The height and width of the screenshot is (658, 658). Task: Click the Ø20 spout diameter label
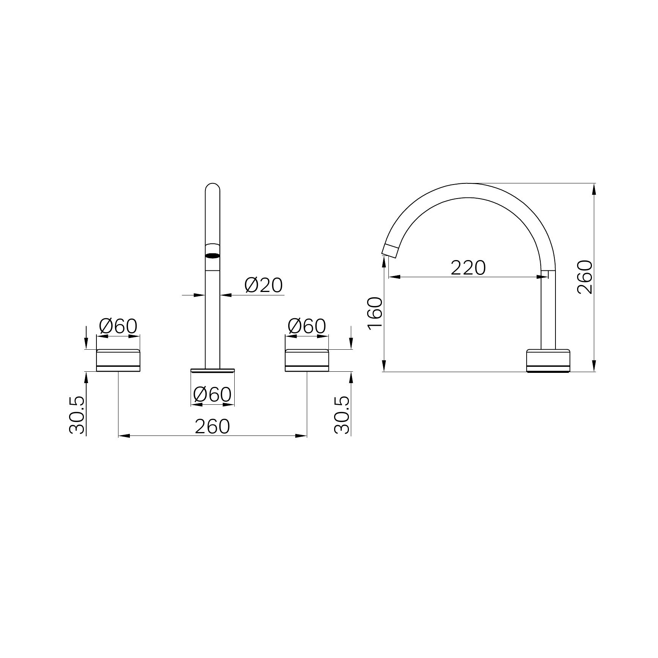click(264, 285)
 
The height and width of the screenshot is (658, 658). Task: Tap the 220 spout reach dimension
click(468, 268)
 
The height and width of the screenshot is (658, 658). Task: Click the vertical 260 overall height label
click(584, 277)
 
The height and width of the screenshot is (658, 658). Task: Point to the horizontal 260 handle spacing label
click(212, 426)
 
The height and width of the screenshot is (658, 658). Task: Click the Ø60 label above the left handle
click(118, 326)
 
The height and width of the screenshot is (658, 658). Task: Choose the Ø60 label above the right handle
click(307, 326)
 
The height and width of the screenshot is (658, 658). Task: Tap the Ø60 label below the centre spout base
click(212, 394)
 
